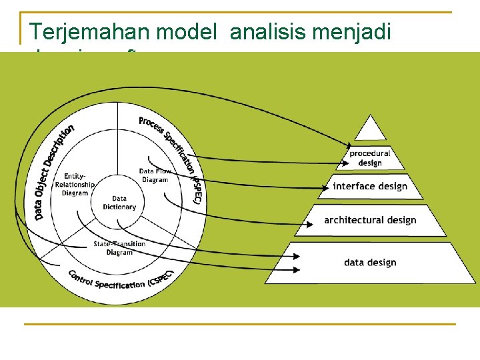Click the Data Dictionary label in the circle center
[x=119, y=203]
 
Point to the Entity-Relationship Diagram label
[x=75, y=185]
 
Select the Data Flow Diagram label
[x=155, y=175]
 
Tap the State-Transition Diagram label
[x=119, y=248]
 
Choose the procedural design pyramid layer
[x=370, y=158]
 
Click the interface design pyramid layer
[x=370, y=187]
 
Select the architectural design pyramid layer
[x=370, y=220]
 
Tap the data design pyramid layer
[x=370, y=262]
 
